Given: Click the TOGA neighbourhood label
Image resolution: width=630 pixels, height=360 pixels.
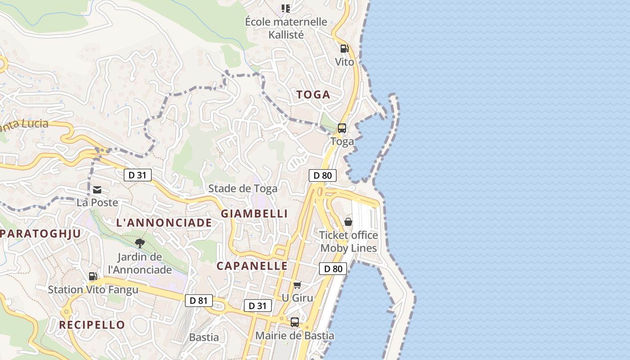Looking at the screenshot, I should (x=313, y=94).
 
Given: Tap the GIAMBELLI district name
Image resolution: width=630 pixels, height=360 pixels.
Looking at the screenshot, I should (x=254, y=214).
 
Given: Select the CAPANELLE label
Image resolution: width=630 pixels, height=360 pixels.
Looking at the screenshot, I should (x=252, y=266).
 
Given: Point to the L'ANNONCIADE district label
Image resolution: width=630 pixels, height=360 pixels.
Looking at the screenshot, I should (x=164, y=223).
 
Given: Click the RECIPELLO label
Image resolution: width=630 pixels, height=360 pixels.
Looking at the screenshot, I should (x=92, y=325).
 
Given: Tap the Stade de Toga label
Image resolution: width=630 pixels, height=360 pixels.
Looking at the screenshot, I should (x=243, y=189).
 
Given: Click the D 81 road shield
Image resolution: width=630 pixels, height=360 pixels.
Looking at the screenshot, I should (x=198, y=301).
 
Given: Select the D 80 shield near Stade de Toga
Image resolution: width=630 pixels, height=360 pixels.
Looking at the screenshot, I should (x=323, y=175).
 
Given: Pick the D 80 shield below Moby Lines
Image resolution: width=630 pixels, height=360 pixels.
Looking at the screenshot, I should (x=333, y=269).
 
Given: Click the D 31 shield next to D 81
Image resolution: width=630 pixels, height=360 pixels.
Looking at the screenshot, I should (x=258, y=306).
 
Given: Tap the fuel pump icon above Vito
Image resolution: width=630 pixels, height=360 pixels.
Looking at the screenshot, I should (x=344, y=49).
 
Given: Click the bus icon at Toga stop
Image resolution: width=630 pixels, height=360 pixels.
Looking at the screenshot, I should (x=342, y=128).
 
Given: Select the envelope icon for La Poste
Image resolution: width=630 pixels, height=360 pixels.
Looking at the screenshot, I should (x=97, y=190).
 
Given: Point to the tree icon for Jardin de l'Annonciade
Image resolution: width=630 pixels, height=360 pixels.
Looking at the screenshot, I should (x=140, y=243).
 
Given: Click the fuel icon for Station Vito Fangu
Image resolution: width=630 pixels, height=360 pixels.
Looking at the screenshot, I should (x=93, y=276).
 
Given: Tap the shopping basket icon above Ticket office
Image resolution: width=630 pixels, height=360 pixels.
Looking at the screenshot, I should (x=348, y=222).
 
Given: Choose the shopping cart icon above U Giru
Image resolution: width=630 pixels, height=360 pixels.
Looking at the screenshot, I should (x=297, y=285).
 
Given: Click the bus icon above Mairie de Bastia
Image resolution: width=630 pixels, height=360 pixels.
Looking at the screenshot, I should (x=295, y=322).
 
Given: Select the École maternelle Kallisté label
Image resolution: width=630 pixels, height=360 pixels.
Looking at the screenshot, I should (x=286, y=28).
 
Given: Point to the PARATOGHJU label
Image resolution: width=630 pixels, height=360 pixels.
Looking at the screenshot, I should (x=40, y=234).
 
